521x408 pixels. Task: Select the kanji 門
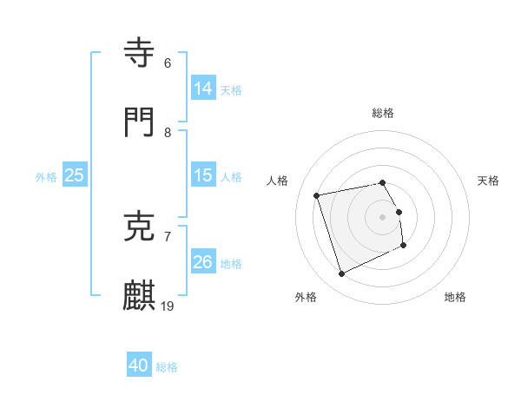[x=141, y=122]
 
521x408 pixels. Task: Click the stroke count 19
[x=168, y=306]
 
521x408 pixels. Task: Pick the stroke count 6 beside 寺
[x=168, y=63]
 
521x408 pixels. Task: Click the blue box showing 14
[x=202, y=88]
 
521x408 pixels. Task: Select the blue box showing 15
[x=202, y=175]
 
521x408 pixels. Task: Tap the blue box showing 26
[x=202, y=262]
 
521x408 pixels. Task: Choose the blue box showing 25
[x=74, y=175]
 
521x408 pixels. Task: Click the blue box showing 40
[x=139, y=365]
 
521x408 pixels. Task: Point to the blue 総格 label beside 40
[x=167, y=367]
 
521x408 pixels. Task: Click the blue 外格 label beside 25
[x=46, y=177]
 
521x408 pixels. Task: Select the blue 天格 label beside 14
[x=231, y=89]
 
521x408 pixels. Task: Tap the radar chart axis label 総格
[x=383, y=113]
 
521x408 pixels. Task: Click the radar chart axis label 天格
[x=488, y=181]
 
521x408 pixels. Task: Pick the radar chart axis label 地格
[x=455, y=297]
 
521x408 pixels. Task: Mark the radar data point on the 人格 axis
[x=317, y=194]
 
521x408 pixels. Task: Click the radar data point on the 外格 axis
[x=341, y=274]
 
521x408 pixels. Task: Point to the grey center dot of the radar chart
[x=383, y=217]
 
